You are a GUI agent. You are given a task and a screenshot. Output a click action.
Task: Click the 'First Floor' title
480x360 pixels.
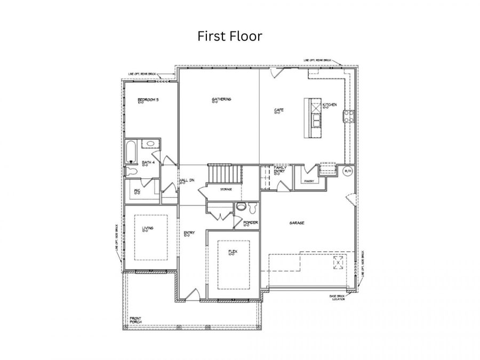click(230, 36)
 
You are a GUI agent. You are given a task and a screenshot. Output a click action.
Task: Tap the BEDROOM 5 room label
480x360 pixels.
click(148, 100)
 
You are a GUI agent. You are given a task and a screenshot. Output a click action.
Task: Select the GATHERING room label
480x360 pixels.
click(221, 99)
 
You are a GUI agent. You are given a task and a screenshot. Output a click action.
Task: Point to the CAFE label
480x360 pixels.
click(278, 110)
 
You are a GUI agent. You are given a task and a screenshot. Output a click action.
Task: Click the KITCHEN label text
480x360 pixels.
click(329, 106)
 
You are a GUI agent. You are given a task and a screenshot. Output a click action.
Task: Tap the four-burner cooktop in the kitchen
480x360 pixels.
click(349, 116)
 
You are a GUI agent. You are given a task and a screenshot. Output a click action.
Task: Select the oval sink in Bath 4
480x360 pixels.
click(150, 143)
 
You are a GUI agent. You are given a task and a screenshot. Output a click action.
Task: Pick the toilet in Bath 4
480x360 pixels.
click(131, 171)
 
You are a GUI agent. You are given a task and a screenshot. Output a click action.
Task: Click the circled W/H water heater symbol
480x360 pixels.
click(347, 171)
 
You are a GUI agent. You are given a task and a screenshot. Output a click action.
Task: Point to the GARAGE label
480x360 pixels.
click(297, 223)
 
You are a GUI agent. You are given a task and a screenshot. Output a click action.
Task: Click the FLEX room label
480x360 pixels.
click(233, 251)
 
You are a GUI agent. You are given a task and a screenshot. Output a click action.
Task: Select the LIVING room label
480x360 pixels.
click(148, 229)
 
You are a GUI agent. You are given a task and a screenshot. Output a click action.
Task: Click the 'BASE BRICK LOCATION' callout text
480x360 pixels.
click(338, 298)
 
